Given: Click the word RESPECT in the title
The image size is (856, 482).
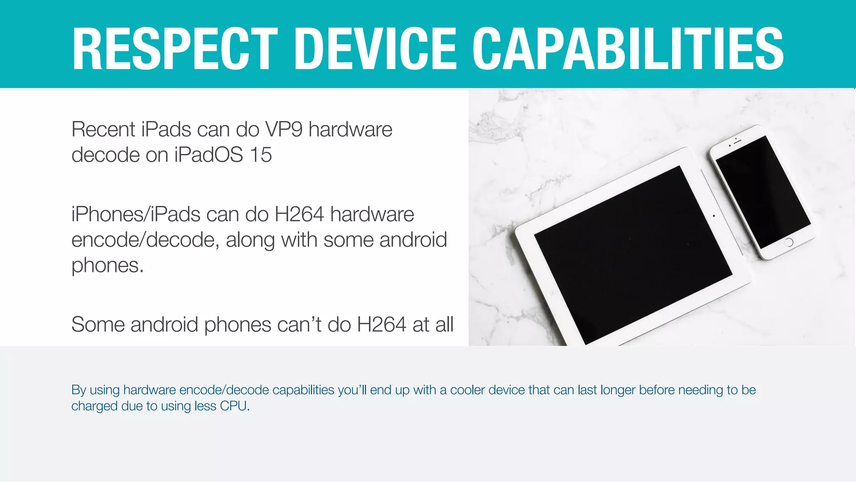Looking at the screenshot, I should tap(175, 49).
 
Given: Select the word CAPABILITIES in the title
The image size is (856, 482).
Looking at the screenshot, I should tap(628, 49).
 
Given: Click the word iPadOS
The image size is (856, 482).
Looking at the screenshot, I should tap(209, 155).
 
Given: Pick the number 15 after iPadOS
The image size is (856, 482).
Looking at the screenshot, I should tap(261, 155).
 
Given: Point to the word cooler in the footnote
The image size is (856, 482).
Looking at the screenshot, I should tap(467, 390).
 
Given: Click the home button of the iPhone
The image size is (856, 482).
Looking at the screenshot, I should tap(789, 242).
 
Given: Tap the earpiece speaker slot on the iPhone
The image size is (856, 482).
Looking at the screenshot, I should tap(737, 141).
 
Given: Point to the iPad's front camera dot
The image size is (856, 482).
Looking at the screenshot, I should tap(713, 216).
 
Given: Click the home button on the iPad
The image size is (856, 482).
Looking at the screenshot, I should tap(551, 294).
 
